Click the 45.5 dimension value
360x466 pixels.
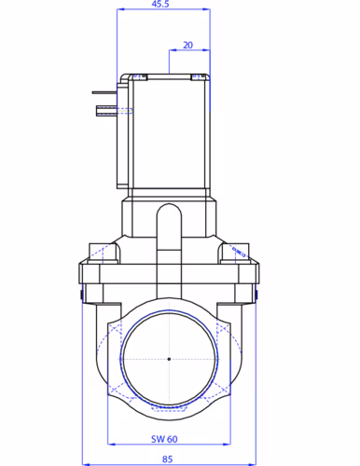160,4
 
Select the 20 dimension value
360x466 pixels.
187,46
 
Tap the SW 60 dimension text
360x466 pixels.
164,439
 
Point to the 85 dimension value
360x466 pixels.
167,459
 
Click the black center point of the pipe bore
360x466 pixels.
169,359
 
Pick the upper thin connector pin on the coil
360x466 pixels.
104,92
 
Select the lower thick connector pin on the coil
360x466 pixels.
106,111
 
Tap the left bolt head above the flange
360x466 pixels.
103,254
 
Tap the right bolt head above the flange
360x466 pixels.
235,254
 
